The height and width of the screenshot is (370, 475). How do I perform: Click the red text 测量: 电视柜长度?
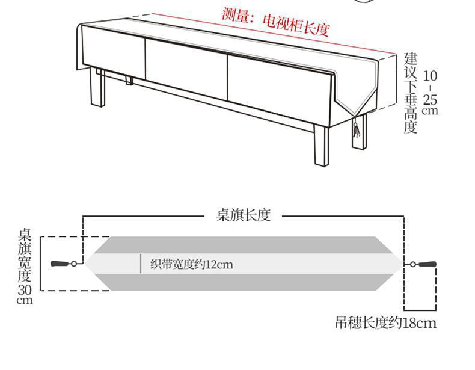(275, 22)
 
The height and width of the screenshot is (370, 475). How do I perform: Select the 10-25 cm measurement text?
(430, 93)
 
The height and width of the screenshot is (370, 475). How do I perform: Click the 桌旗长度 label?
(243, 215)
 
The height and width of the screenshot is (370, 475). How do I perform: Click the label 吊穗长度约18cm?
(385, 324)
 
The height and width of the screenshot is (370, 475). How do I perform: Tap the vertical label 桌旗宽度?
(25, 255)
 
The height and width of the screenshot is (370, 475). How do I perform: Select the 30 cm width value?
(25, 294)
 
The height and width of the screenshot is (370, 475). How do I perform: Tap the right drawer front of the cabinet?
(279, 87)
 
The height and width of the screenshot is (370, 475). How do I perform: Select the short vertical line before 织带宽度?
(141, 264)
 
